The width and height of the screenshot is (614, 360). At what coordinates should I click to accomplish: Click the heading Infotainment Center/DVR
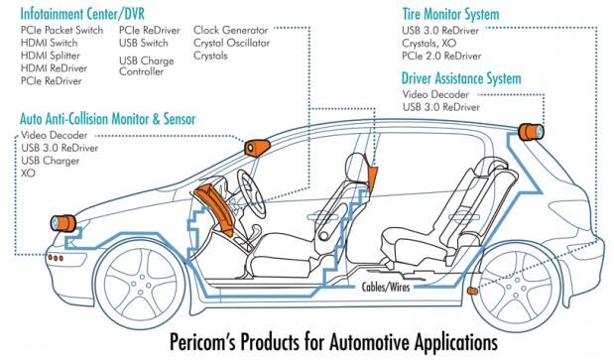click(82, 14)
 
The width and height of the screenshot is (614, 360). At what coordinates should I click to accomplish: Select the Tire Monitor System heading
click(450, 15)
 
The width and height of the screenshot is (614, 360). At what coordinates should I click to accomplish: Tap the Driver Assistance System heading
click(461, 78)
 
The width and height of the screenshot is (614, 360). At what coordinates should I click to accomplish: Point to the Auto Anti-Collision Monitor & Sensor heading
click(108, 119)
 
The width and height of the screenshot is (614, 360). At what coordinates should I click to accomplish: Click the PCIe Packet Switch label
click(61, 30)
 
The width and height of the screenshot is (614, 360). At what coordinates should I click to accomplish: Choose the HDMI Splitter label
click(51, 56)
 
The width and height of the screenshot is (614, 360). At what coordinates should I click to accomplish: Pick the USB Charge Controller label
click(147, 66)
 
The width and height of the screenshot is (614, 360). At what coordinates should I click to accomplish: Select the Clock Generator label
click(231, 30)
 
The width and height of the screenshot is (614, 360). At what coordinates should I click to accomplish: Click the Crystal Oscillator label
click(231, 43)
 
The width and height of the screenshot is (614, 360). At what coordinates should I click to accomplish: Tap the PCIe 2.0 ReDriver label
click(441, 56)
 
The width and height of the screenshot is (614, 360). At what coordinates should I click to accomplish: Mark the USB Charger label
click(51, 161)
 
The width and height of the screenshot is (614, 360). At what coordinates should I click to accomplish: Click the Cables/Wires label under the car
click(386, 287)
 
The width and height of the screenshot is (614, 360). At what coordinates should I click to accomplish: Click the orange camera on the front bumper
click(62, 223)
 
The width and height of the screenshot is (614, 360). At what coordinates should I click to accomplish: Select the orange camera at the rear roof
click(531, 132)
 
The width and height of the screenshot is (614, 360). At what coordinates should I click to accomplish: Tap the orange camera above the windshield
click(257, 148)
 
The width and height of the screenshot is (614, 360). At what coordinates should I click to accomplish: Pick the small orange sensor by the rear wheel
click(472, 291)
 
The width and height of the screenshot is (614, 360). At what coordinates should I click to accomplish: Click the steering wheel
click(251, 194)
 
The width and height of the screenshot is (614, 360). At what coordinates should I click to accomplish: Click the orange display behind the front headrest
click(372, 174)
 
